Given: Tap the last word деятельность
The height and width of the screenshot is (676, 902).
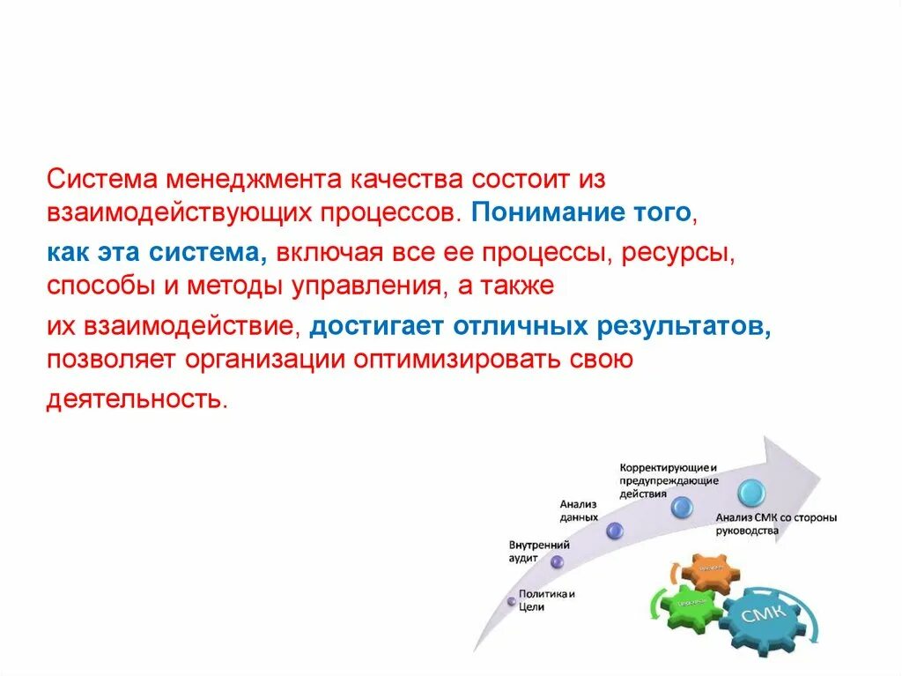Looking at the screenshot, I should (x=137, y=398).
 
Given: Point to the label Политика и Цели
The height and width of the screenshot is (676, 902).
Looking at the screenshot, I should (x=545, y=600).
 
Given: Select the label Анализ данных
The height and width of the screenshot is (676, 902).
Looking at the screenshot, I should (x=579, y=510).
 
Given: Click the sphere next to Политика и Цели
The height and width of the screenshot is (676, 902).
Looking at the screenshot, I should (x=511, y=601).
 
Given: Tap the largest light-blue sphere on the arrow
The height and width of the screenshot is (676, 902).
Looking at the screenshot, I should (x=752, y=492).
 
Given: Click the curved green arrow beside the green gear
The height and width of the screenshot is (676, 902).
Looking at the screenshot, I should (x=656, y=602).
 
